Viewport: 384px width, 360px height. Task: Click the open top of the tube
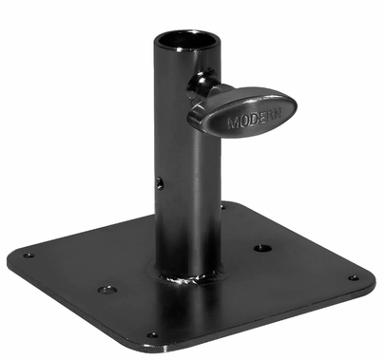click(x=188, y=40)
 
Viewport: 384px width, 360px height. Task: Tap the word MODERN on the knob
click(x=250, y=123)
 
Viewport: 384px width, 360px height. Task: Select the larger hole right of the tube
click(x=263, y=249)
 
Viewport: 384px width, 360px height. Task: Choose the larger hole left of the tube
click(x=106, y=288)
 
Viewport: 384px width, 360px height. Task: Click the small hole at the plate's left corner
click(x=29, y=255)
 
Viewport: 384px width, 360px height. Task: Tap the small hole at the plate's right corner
click(x=353, y=278)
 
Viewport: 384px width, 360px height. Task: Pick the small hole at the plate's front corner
click(x=152, y=334)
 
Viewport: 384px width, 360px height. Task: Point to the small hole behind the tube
click(x=223, y=204)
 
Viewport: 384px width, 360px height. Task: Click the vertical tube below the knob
click(x=188, y=209)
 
